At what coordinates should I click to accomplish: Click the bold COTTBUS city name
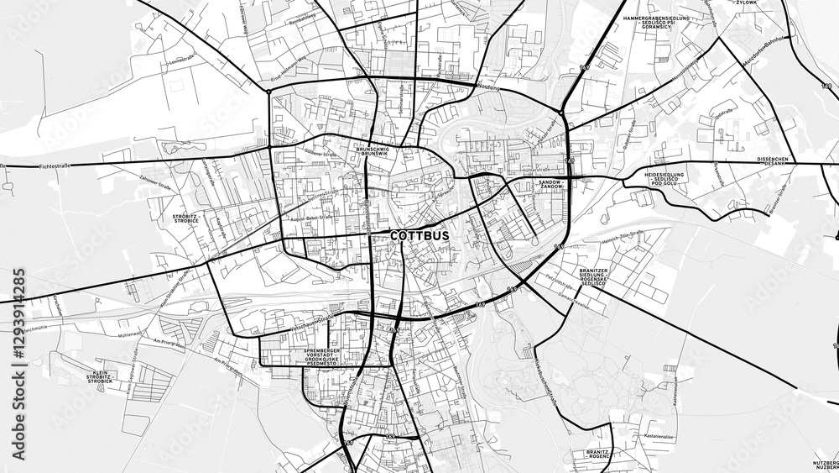pos(419,236)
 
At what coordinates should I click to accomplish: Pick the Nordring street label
pos(487,87)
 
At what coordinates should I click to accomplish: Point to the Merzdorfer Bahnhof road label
pos(765,52)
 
